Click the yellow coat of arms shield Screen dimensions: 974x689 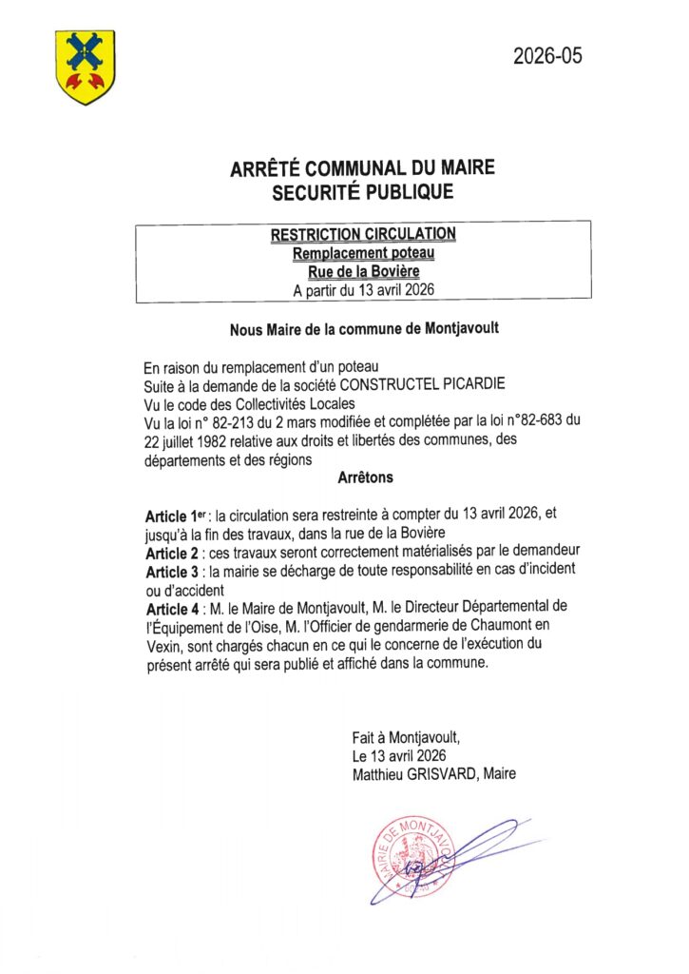[85, 67]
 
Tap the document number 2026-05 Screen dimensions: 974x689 [547, 56]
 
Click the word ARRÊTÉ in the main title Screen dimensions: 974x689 [267, 170]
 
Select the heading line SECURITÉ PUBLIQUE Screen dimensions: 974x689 [363, 193]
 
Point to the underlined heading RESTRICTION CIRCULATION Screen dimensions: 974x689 [363, 234]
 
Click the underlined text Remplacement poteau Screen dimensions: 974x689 [363, 253]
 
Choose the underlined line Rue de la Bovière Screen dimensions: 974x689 [363, 271]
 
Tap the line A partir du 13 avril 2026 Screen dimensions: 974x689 [363, 289]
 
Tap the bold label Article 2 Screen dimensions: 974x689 [174, 552]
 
